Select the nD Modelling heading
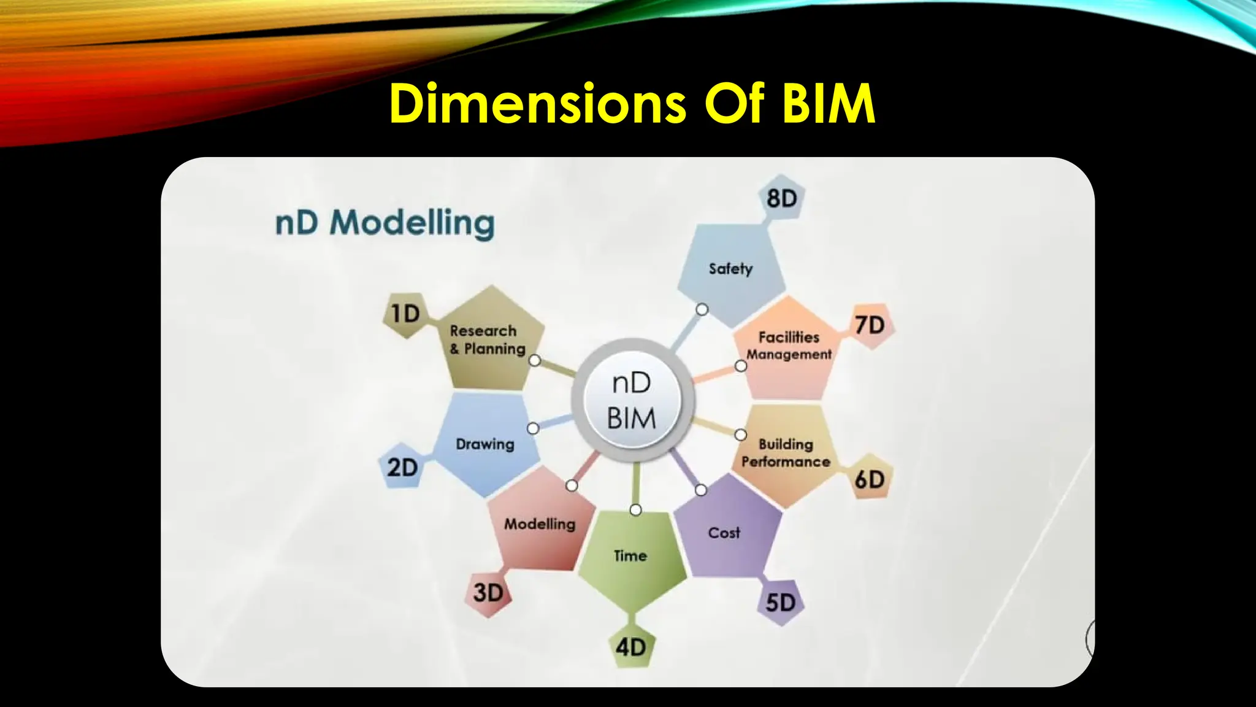385,223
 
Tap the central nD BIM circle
632,401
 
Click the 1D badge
405,314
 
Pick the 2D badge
402,468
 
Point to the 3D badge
488,593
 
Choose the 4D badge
631,647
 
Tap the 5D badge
780,603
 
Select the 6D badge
870,479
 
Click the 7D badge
870,325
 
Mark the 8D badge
781,198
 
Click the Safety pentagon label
730,269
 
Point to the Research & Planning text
487,340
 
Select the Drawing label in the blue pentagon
484,444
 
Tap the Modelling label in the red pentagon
540,524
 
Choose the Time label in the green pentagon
630,556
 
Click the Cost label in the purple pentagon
724,533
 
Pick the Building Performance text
786,453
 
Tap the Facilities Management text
789,346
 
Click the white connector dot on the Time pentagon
636,510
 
